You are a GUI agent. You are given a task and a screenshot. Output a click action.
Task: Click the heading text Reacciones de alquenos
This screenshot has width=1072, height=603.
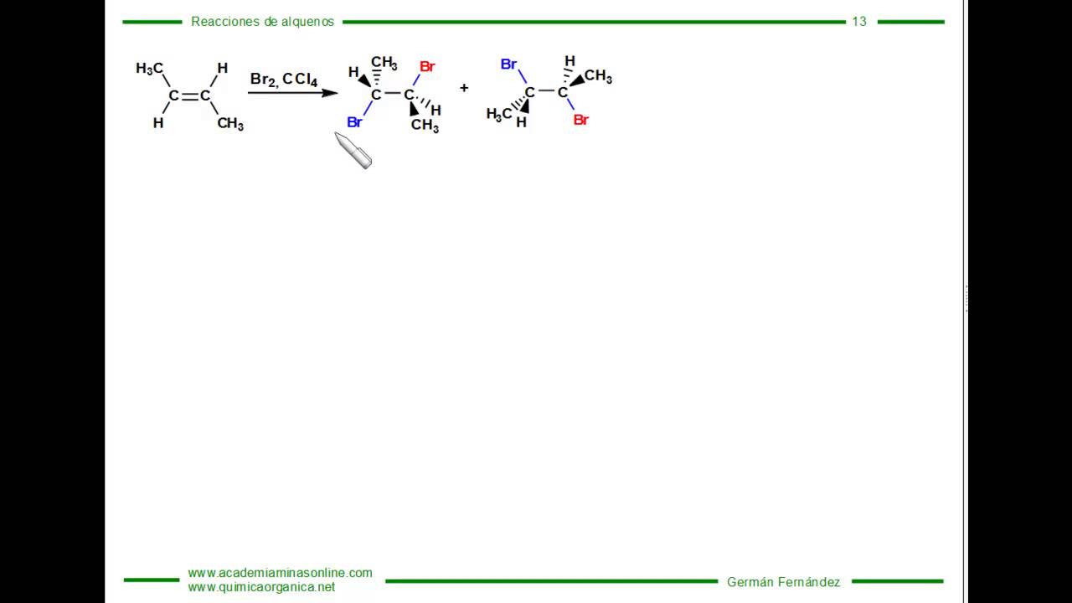[x=262, y=22]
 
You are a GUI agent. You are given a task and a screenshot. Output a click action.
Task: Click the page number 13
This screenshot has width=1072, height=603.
[x=859, y=22]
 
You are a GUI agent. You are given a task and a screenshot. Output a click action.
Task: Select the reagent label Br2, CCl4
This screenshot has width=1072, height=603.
[x=284, y=79]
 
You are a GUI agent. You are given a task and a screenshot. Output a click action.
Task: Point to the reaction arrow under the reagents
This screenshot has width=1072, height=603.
[x=293, y=93]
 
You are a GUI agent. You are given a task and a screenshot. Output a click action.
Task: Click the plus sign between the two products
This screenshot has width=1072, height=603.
[x=464, y=88]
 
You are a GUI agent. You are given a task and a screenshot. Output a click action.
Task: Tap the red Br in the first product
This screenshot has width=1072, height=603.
[x=427, y=66]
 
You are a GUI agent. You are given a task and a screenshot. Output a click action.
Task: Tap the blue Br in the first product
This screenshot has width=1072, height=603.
[x=354, y=122]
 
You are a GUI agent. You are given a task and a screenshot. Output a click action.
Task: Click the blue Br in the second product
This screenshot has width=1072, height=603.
[x=508, y=64]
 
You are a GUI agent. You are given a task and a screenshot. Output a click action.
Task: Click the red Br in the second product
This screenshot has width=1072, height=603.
[x=581, y=120]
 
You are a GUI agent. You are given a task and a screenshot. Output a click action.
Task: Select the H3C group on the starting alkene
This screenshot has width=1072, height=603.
[x=149, y=69]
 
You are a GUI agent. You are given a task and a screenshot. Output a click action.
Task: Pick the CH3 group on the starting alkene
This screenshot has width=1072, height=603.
[x=230, y=123]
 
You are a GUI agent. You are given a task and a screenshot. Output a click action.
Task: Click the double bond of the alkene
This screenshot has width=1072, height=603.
[x=189, y=96]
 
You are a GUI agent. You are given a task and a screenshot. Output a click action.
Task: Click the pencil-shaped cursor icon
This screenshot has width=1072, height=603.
[x=353, y=150]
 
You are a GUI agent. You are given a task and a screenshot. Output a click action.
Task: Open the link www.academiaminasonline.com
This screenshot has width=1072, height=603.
[x=280, y=573]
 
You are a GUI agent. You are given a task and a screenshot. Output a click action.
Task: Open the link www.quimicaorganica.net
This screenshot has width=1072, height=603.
[x=261, y=587]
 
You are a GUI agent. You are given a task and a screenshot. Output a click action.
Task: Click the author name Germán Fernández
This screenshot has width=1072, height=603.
[x=783, y=582]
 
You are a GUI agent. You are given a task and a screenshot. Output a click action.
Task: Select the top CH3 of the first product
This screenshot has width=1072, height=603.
[x=384, y=63]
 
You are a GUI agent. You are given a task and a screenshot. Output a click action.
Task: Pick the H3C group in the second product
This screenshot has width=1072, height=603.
[x=499, y=115]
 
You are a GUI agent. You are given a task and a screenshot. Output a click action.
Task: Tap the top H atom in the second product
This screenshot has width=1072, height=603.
[x=569, y=61]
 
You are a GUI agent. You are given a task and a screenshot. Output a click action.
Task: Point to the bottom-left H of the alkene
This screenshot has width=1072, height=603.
[x=158, y=123]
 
